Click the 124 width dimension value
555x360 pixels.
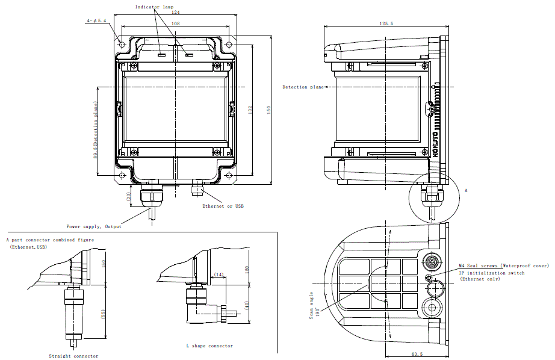click(x=175, y=13)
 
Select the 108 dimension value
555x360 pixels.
click(x=175, y=23)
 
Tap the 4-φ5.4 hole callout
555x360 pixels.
click(x=96, y=20)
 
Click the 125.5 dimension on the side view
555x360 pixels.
click(x=386, y=23)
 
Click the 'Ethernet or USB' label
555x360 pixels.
click(x=223, y=206)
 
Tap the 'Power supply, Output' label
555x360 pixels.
click(x=94, y=226)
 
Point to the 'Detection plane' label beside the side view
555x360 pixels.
click(x=303, y=87)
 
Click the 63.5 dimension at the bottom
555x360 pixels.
click(x=417, y=354)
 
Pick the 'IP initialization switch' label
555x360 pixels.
click(x=492, y=273)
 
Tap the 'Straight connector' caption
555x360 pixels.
click(x=73, y=356)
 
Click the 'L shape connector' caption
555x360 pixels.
click(x=209, y=346)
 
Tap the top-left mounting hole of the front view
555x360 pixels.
click(x=122, y=45)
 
